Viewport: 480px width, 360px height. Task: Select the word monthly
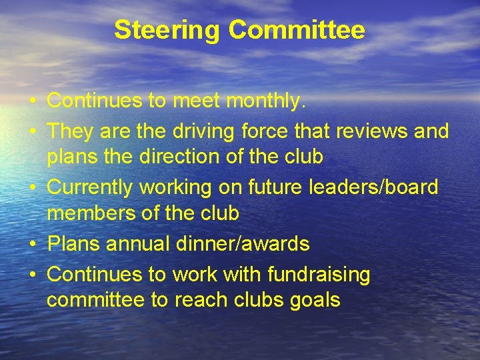[x=267, y=101]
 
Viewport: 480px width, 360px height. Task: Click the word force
[x=259, y=131]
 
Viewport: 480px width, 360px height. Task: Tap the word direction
[x=169, y=157]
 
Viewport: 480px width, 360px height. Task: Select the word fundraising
[x=319, y=274]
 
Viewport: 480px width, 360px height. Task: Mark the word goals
[x=315, y=301]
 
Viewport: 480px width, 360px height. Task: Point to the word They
[x=70, y=131]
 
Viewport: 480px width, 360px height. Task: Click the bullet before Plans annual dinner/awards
[x=32, y=244]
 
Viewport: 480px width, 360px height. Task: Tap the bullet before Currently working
[x=32, y=187]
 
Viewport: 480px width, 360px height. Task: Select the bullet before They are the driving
[x=32, y=131]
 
